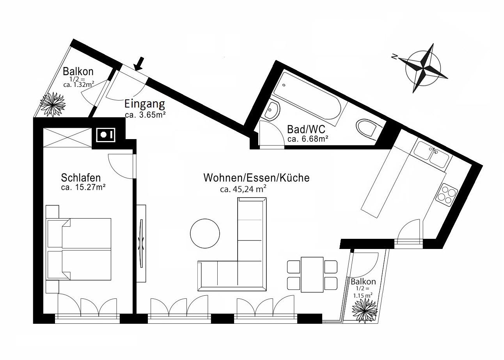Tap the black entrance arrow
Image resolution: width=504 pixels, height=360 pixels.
click(x=138, y=64)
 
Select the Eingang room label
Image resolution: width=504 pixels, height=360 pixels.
click(x=144, y=104)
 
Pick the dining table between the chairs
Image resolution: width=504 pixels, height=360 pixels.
click(x=312, y=275)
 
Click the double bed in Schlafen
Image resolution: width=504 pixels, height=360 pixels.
click(x=79, y=249)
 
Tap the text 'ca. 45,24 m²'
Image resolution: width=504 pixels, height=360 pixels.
click(x=243, y=190)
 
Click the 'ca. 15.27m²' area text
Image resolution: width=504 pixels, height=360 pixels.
click(x=83, y=187)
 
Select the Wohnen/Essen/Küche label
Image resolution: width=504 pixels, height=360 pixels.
click(x=256, y=178)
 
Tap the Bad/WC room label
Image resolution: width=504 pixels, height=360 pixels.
click(x=306, y=129)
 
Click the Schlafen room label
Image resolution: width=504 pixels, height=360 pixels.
click(x=81, y=178)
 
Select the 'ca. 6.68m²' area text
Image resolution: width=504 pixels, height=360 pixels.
click(x=307, y=139)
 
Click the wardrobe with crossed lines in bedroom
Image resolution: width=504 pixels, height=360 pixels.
click(x=66, y=138)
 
